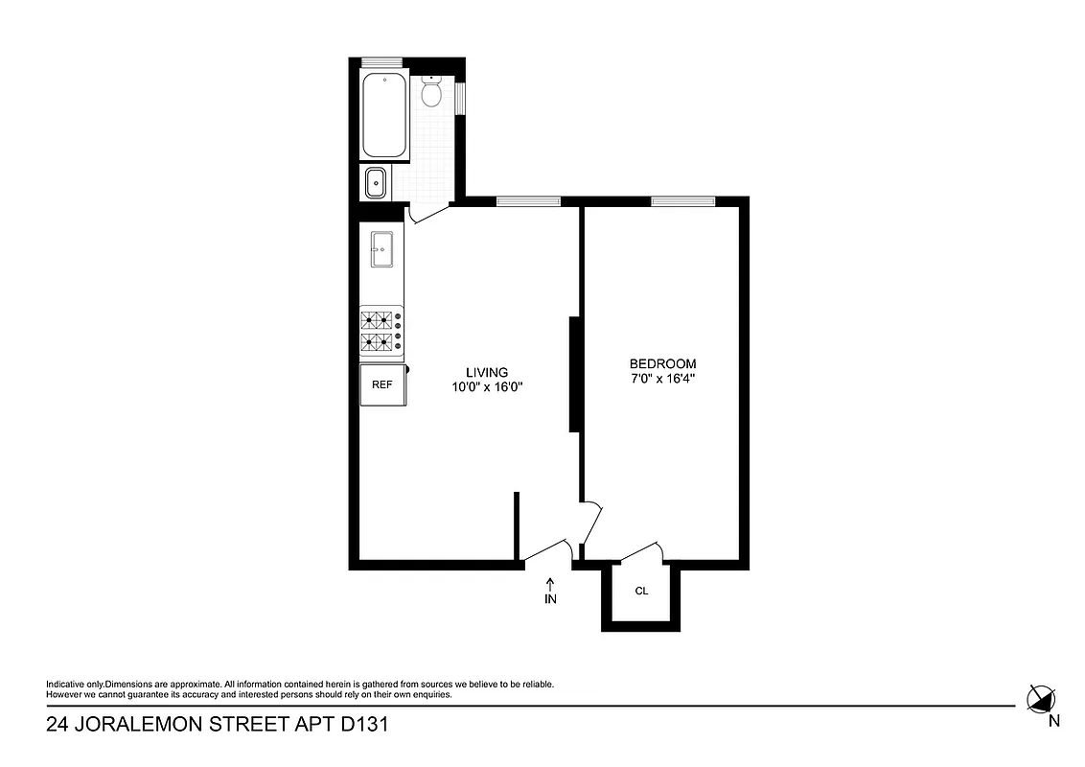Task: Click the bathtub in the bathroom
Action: coord(384,115)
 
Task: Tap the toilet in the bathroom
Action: coord(430,92)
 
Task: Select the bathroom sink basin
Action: coord(375,182)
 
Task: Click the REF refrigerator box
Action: coord(381,384)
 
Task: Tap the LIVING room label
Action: coord(487,372)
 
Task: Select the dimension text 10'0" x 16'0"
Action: coord(487,387)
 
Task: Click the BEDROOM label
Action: coord(662,363)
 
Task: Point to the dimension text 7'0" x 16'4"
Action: coord(662,379)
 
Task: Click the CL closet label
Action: coord(641,591)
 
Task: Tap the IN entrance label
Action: coord(550,599)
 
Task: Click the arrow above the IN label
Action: coord(550,582)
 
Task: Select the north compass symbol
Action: coord(1039,699)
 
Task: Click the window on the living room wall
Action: coord(528,200)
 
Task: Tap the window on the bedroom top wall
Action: coord(682,200)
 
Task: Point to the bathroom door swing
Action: coord(427,215)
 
